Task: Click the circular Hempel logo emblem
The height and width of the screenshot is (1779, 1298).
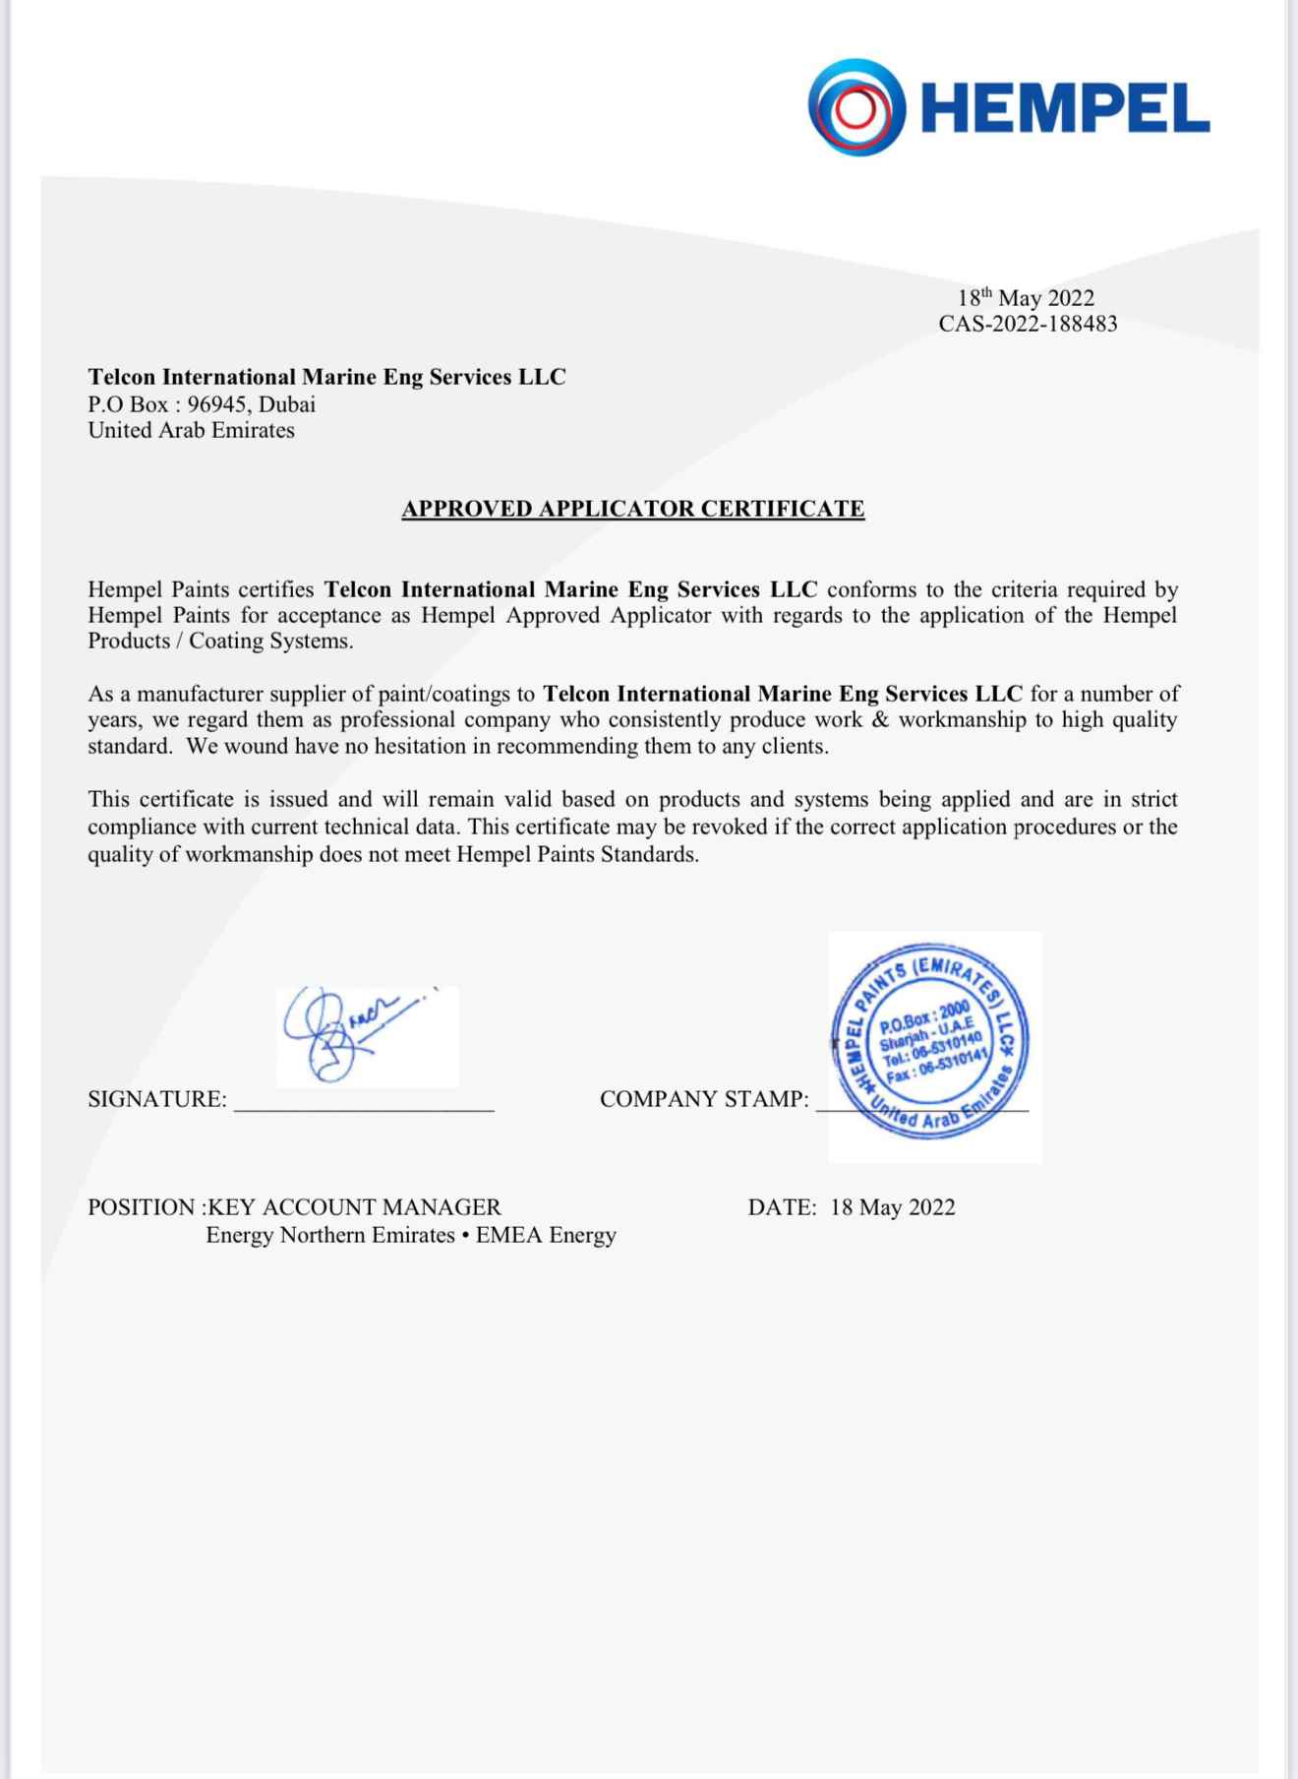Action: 856,106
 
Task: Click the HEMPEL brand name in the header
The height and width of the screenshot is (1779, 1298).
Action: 1068,108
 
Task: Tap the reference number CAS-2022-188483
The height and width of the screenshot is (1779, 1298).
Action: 1028,324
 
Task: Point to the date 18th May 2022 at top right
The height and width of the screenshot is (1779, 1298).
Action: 1026,298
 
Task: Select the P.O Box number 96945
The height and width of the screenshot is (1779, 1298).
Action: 215,403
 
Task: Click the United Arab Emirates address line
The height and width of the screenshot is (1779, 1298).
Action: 191,430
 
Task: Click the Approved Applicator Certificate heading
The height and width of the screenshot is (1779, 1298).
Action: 632,509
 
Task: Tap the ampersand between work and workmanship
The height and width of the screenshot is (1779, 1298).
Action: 880,719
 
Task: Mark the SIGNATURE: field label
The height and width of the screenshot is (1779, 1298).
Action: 156,1099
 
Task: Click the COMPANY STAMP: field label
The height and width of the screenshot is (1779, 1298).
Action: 704,1099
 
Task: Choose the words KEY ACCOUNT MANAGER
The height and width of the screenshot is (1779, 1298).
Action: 355,1207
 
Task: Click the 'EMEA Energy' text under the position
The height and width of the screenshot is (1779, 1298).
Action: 546,1235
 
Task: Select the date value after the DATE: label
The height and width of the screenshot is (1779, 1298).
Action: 892,1207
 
